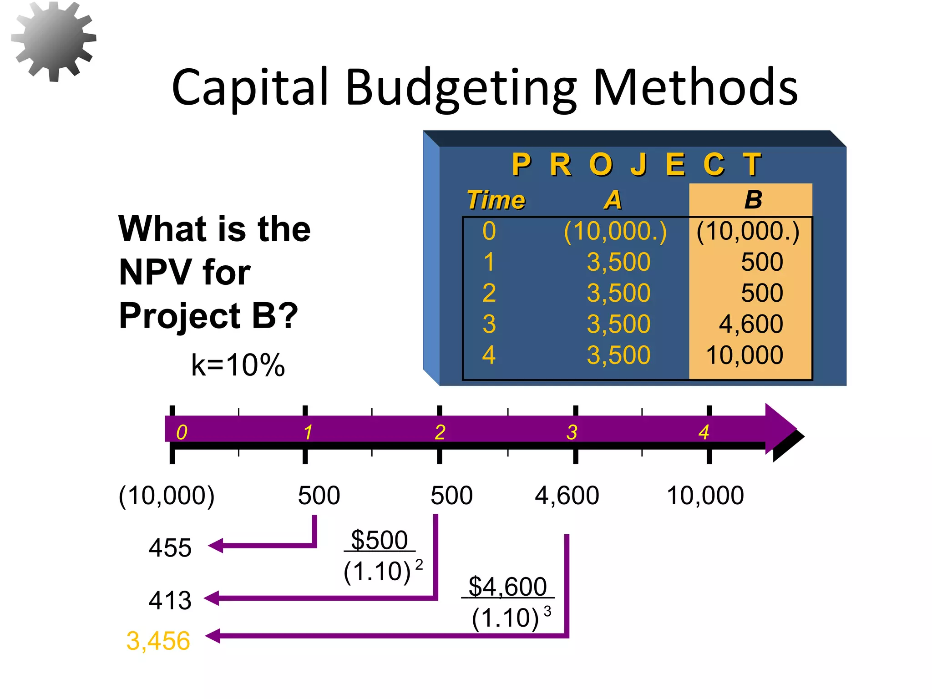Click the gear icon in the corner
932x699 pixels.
(x=54, y=41)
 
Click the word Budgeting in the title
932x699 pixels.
(x=461, y=87)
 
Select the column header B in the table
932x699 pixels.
(x=753, y=200)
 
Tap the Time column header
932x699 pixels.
(x=496, y=200)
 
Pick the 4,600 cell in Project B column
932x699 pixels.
(x=751, y=324)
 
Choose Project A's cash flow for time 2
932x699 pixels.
(x=618, y=293)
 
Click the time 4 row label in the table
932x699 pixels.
(x=489, y=355)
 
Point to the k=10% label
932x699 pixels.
(x=238, y=365)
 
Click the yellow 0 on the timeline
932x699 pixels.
(x=182, y=432)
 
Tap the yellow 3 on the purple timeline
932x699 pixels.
(x=572, y=432)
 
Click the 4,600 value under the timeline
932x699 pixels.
(x=567, y=496)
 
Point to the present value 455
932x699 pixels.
(x=170, y=547)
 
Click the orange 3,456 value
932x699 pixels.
(x=158, y=641)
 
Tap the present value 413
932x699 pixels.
(x=170, y=600)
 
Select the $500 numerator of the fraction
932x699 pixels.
(x=379, y=540)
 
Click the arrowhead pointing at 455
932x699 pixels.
(x=215, y=545)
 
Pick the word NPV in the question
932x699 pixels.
(x=153, y=272)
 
